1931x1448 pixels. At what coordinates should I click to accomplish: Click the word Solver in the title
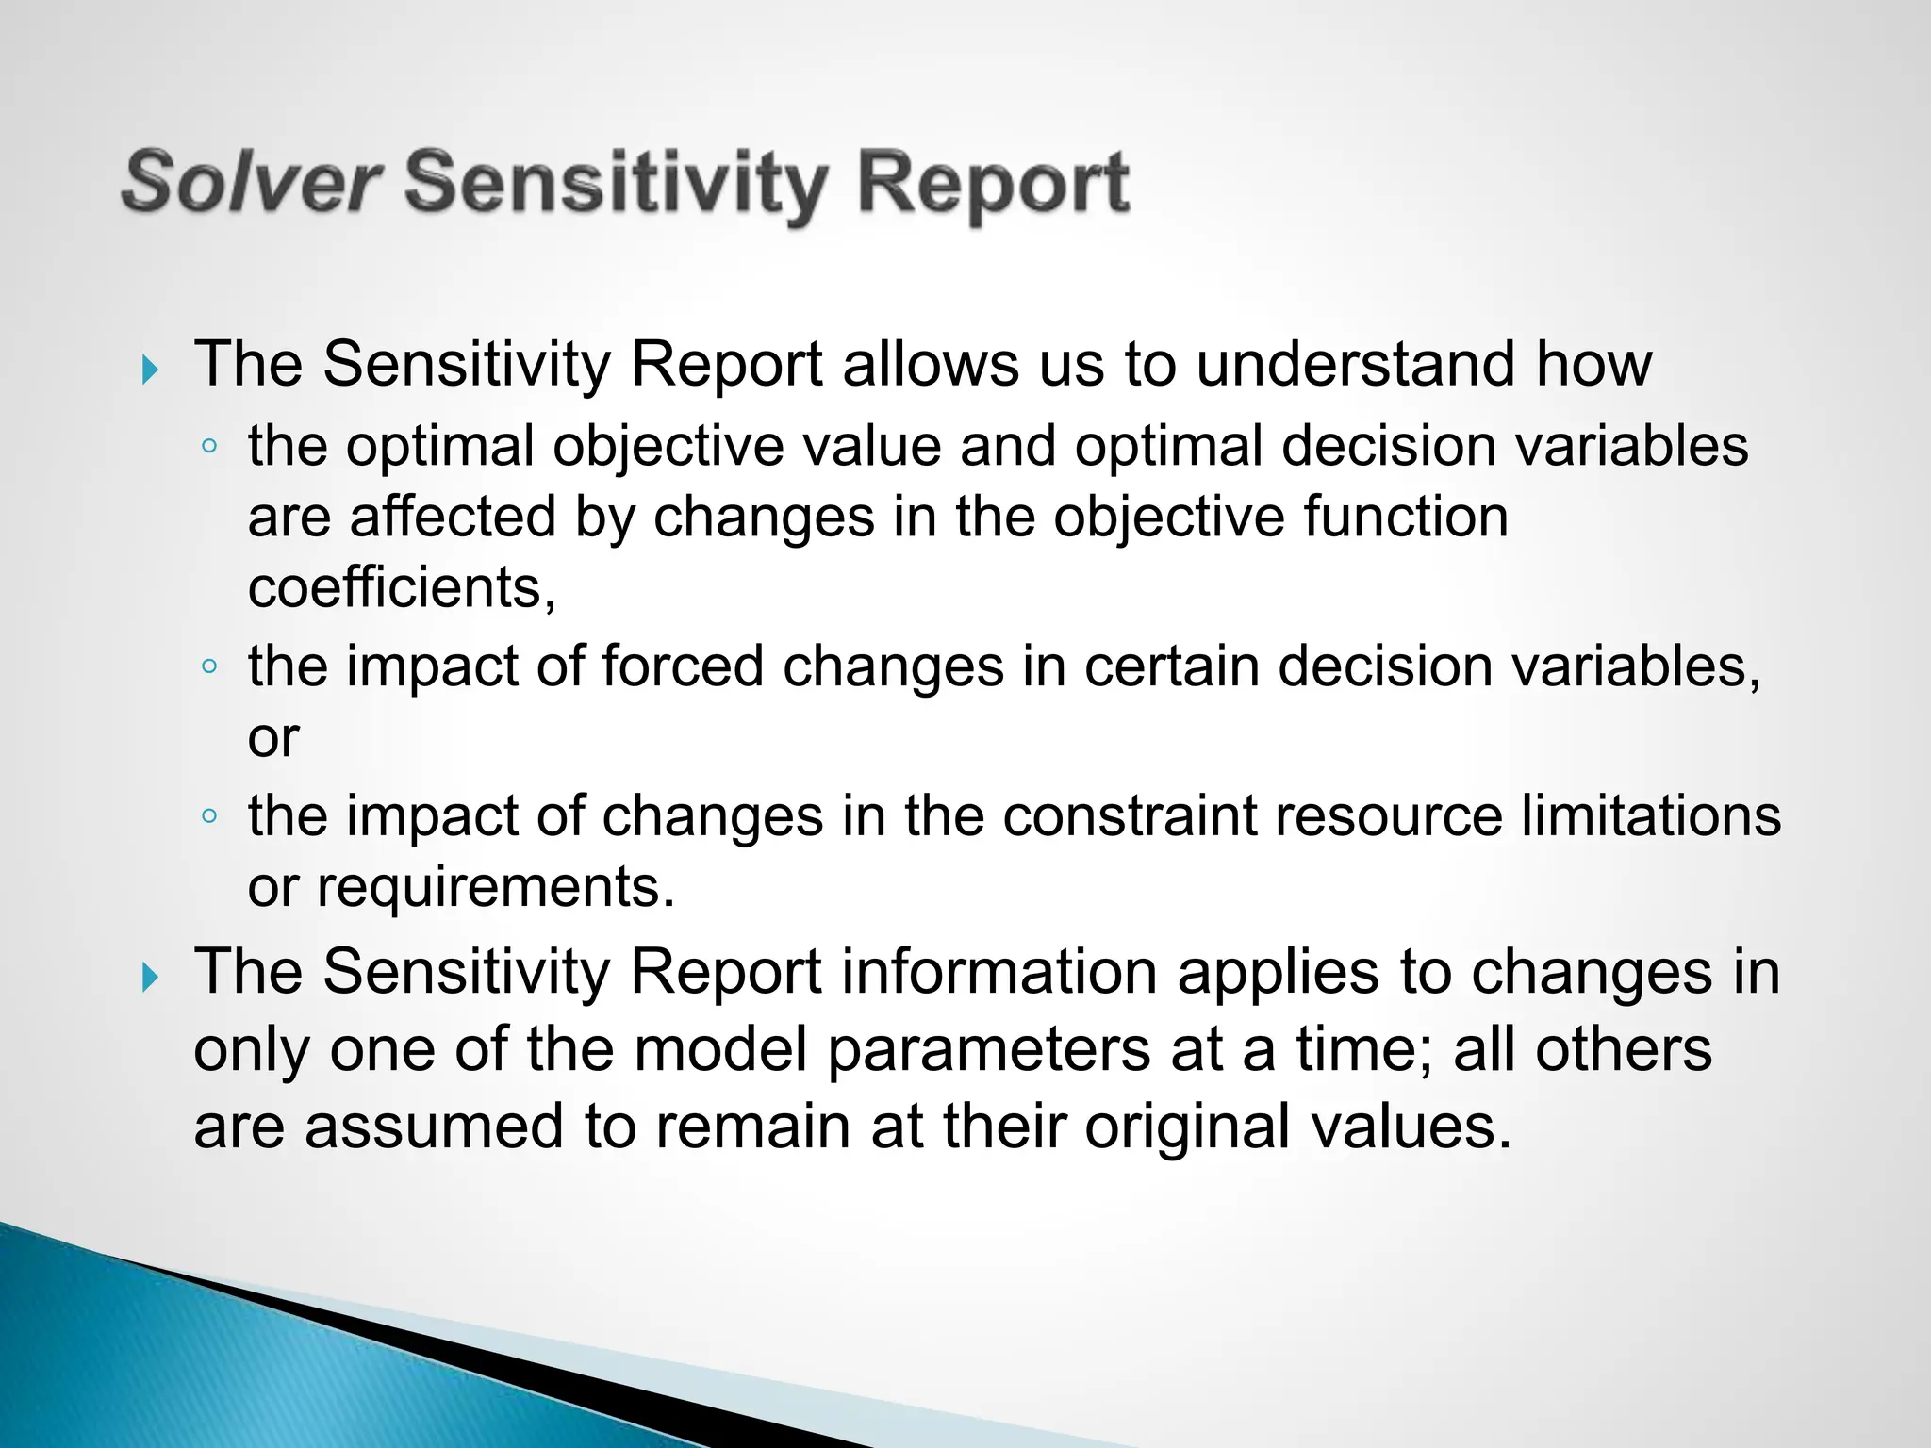click(251, 182)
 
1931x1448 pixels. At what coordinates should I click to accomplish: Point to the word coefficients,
click(402, 587)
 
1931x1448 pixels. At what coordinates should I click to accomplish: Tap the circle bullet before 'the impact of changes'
click(209, 815)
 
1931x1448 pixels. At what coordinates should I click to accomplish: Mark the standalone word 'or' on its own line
click(273, 737)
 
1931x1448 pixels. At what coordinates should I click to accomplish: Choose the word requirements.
click(495, 887)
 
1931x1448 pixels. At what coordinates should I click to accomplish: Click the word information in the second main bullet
click(999, 972)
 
